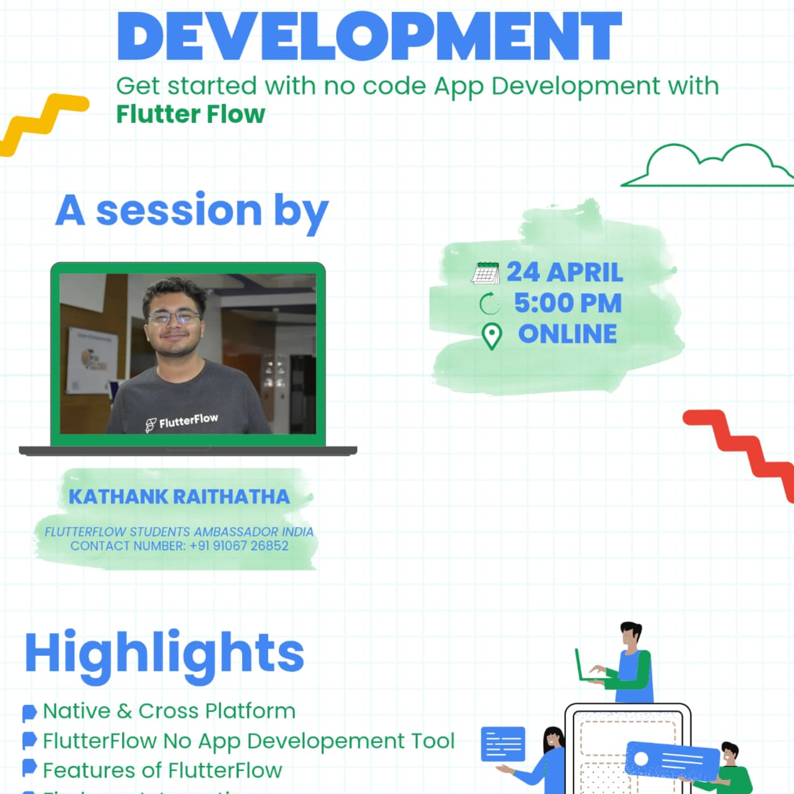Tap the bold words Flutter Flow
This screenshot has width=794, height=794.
pyautogui.click(x=190, y=114)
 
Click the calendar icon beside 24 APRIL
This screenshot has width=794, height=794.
pyautogui.click(x=485, y=273)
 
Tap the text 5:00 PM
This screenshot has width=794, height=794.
pyautogui.click(x=568, y=303)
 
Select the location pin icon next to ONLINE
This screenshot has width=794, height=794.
pyautogui.click(x=491, y=336)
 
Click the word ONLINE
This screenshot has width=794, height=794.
pyautogui.click(x=568, y=334)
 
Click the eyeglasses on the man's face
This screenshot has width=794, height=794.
pyautogui.click(x=174, y=317)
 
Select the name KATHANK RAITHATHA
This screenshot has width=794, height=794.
pyautogui.click(x=179, y=497)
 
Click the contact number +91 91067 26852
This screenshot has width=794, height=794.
pyautogui.click(x=239, y=546)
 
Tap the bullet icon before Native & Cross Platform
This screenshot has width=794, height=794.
pyautogui.click(x=29, y=713)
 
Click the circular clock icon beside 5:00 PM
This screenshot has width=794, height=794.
pyautogui.click(x=490, y=304)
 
